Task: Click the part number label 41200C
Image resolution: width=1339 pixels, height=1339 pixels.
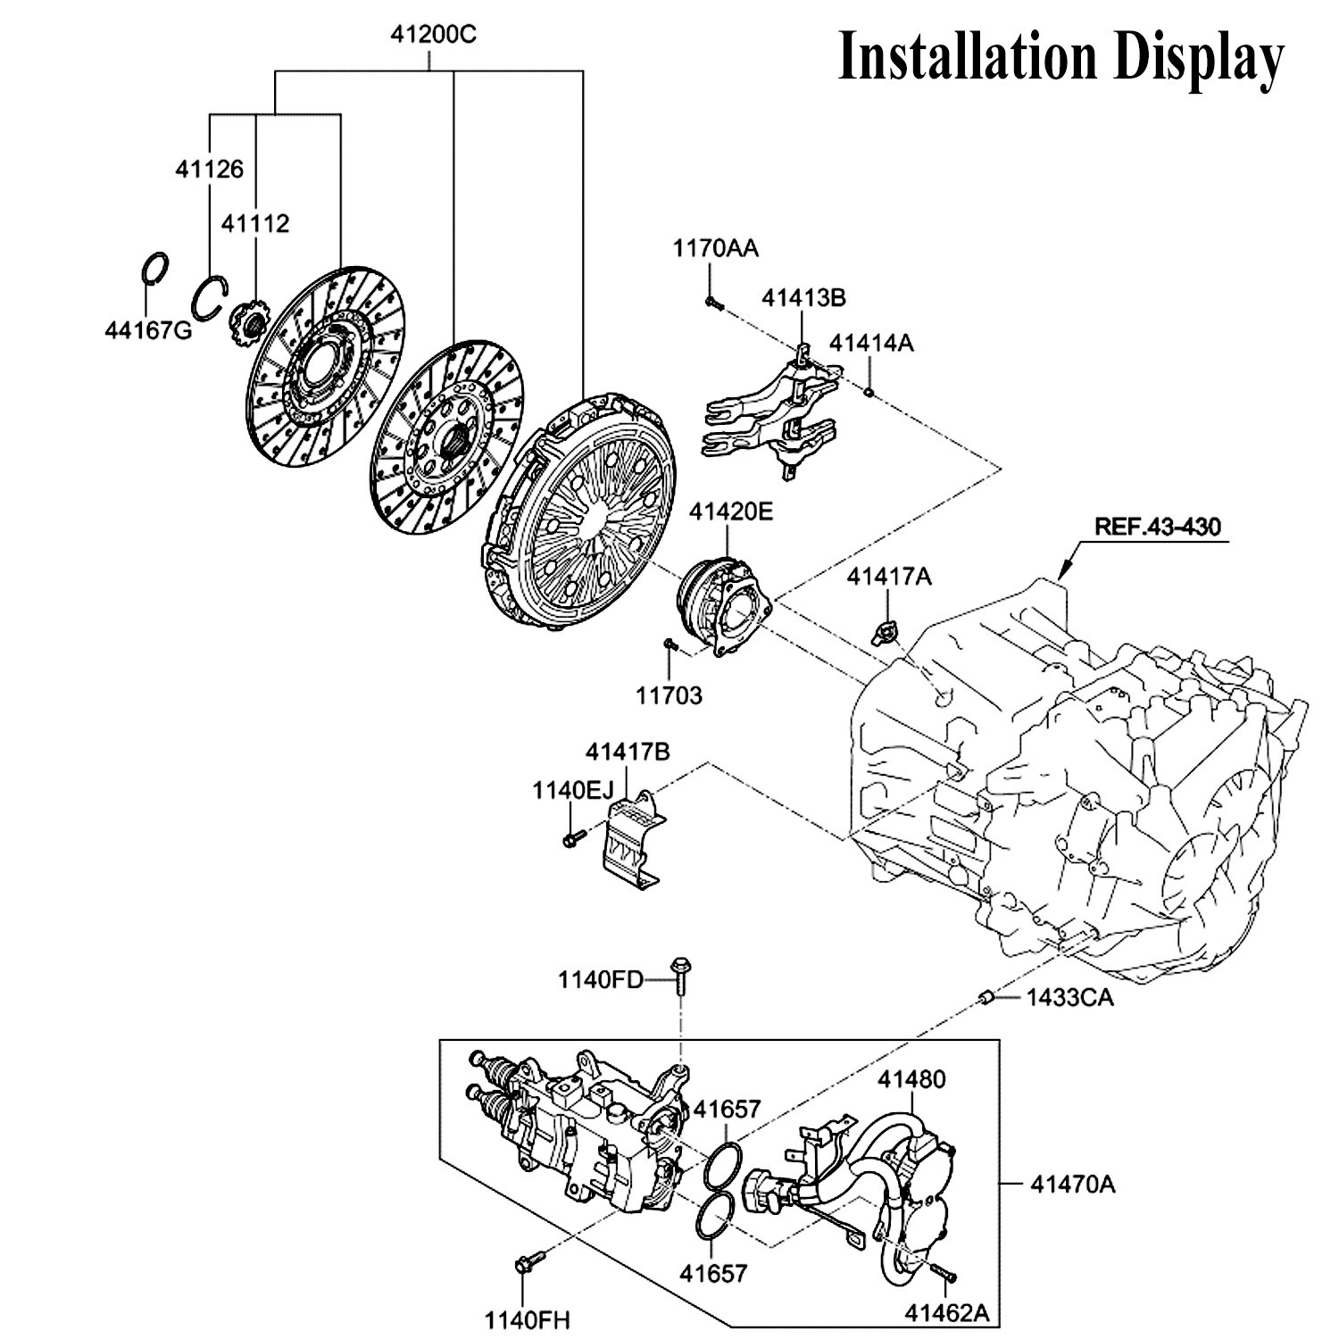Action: pyautogui.click(x=433, y=36)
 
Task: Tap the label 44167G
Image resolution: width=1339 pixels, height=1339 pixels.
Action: pyautogui.click(x=148, y=331)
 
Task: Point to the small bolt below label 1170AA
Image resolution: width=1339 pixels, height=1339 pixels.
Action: pyautogui.click(x=712, y=304)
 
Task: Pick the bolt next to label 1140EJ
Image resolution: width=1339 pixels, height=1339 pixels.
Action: pyautogui.click(x=573, y=837)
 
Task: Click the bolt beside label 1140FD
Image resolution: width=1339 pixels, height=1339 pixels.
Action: pyautogui.click(x=680, y=978)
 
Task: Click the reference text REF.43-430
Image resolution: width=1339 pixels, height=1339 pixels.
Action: pyautogui.click(x=1158, y=527)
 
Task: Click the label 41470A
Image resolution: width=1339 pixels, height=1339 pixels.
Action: pyautogui.click(x=1073, y=1185)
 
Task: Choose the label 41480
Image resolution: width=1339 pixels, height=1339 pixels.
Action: pyautogui.click(x=911, y=1079)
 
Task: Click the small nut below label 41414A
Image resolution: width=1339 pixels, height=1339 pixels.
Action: pyautogui.click(x=869, y=390)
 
